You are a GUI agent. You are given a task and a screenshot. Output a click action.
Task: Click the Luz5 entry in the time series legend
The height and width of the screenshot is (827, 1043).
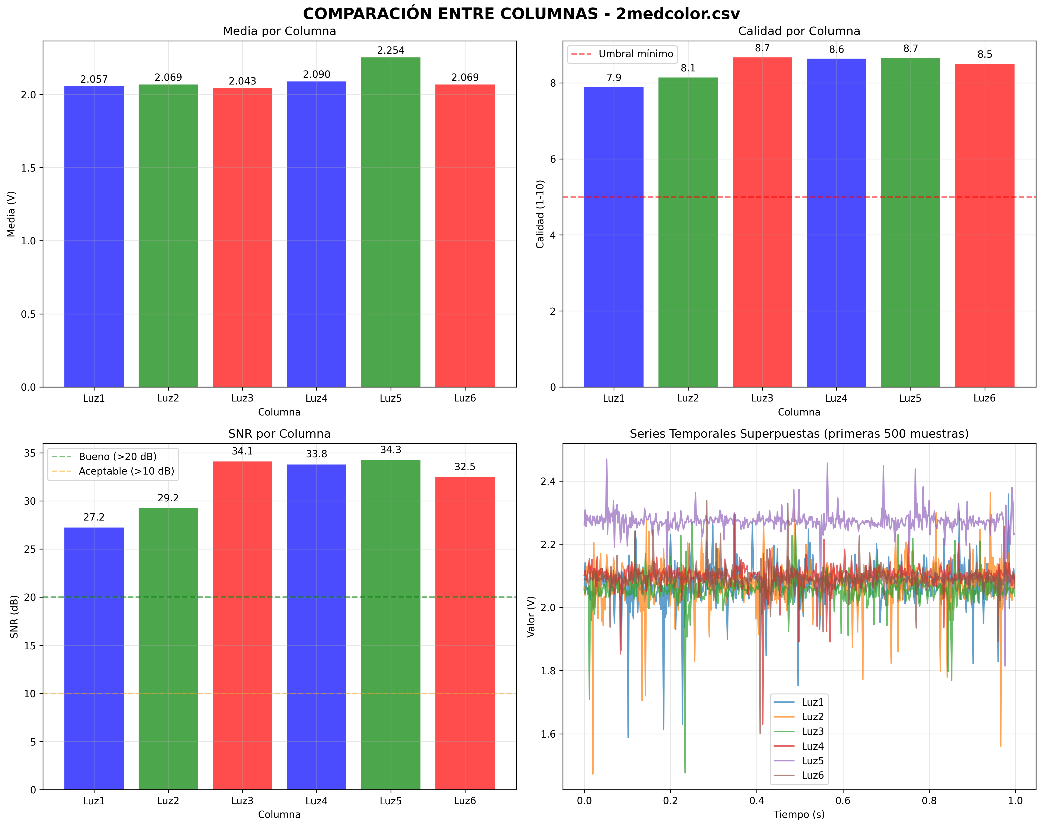[812, 761]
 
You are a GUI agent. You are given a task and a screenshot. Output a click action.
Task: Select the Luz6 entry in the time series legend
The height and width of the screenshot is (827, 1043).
[812, 775]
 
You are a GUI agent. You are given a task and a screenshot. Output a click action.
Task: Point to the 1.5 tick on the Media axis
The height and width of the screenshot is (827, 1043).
[30, 168]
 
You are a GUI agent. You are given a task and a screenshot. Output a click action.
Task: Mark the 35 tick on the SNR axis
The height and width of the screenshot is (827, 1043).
[30, 453]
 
